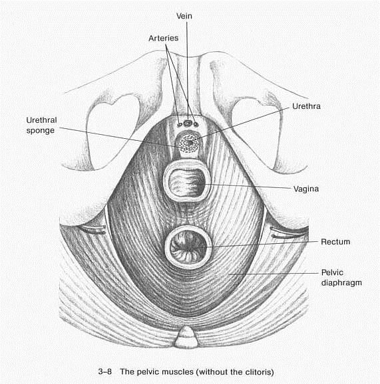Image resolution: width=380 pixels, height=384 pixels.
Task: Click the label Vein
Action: click(x=184, y=16)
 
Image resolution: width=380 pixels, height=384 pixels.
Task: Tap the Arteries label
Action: click(x=164, y=39)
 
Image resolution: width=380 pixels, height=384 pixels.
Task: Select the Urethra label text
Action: click(x=306, y=106)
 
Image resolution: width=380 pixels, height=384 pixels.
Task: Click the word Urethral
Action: click(x=41, y=120)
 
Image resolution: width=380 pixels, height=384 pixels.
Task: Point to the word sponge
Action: click(x=41, y=130)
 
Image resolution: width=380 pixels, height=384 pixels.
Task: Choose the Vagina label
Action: click(x=306, y=189)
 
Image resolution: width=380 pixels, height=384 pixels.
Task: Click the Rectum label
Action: click(x=335, y=242)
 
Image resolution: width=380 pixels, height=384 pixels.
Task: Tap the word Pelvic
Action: click(x=332, y=272)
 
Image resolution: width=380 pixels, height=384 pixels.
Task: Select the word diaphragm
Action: click(x=341, y=283)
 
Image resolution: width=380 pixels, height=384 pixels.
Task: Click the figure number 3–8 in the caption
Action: click(x=104, y=371)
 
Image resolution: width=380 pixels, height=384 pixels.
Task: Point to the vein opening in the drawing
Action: click(x=188, y=123)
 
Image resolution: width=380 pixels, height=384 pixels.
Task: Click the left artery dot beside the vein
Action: click(x=180, y=125)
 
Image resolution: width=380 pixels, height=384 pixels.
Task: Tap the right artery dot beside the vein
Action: click(x=196, y=124)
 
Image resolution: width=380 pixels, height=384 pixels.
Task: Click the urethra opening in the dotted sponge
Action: click(x=188, y=142)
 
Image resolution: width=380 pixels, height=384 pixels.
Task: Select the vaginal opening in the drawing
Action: click(x=187, y=181)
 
